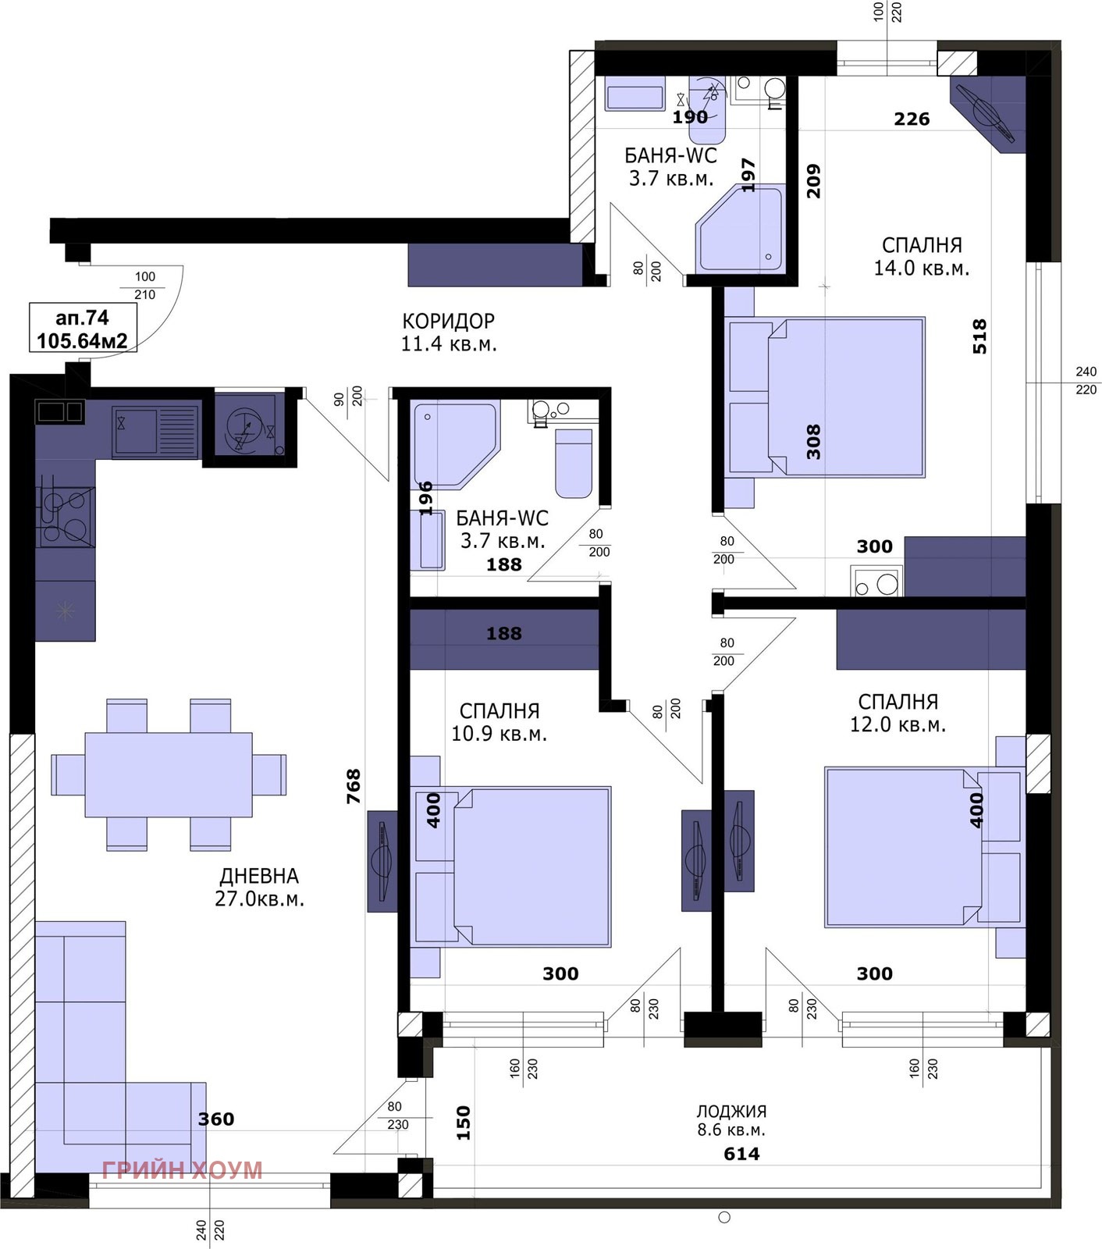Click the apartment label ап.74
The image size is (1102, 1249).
coord(82,318)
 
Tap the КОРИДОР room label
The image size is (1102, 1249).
coord(449,321)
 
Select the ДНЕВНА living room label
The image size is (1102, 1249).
coord(259,876)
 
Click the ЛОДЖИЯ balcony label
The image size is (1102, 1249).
coord(731,1111)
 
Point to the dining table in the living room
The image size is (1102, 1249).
coord(169,774)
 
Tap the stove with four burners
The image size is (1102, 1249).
coord(66,516)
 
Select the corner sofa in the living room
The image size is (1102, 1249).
coord(117,1046)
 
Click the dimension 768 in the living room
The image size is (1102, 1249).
coord(354,786)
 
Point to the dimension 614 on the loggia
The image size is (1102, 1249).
coord(741,1154)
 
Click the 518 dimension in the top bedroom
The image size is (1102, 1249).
coord(979,336)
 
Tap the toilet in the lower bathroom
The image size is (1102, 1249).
coord(574,463)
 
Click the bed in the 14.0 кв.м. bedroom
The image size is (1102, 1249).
coord(826,397)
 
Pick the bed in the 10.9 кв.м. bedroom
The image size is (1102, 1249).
coord(512,866)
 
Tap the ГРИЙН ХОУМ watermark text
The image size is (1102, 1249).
coord(182,1170)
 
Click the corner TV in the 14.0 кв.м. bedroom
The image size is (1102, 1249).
coord(986,114)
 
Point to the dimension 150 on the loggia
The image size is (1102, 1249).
coord(464,1123)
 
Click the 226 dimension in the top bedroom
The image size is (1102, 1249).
coord(912,119)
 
